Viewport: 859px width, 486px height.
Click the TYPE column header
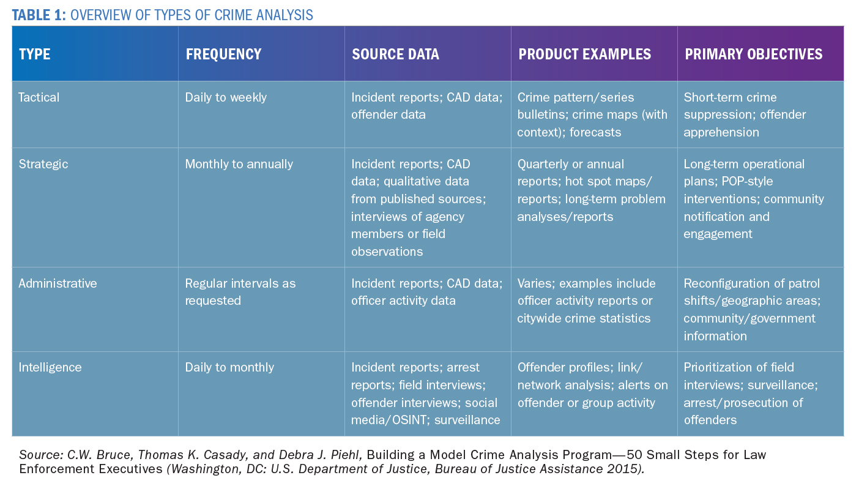34,54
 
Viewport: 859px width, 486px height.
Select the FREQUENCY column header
223,54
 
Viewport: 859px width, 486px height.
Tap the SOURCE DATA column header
395,54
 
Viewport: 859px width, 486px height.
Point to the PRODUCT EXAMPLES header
584,54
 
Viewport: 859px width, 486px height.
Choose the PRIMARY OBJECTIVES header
753,54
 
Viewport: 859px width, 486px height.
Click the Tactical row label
39,97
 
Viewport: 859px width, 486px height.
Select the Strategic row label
43,164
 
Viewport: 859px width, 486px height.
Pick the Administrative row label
58,283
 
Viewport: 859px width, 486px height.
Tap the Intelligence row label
50,367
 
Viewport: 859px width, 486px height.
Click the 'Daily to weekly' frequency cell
226,97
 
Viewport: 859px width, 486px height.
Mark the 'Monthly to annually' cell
239,164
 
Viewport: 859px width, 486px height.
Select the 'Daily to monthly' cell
229,367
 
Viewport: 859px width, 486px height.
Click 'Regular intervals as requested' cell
240,292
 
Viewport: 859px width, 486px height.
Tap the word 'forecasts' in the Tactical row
595,132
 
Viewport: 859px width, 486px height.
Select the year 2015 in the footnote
614,469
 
